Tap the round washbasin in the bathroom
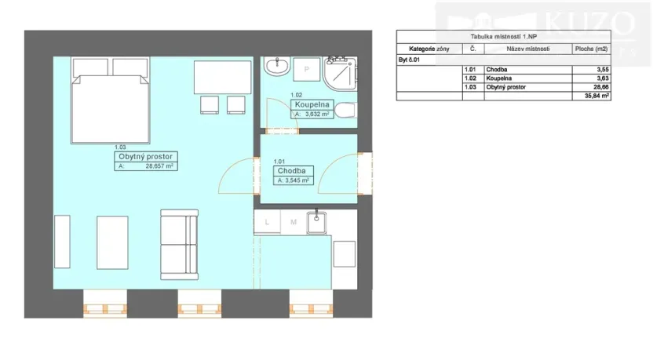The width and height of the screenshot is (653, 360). pyautogui.click(x=277, y=68)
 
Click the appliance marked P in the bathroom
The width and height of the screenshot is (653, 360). pyautogui.click(x=306, y=69)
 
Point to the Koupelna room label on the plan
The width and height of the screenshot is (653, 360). pyautogui.click(x=312, y=104)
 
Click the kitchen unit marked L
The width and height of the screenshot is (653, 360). pyautogui.click(x=267, y=223)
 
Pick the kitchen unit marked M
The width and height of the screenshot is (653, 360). pyautogui.click(x=293, y=223)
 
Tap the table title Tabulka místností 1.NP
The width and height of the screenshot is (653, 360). pyautogui.click(x=503, y=36)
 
